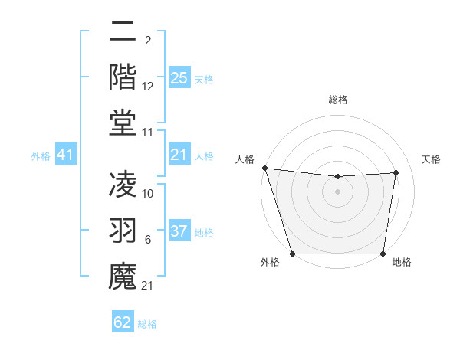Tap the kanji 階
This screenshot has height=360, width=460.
pyautogui.click(x=123, y=77)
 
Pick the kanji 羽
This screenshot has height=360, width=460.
pyautogui.click(x=123, y=229)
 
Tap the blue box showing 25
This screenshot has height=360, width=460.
pyautogui.click(x=179, y=78)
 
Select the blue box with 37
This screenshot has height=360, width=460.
pyautogui.click(x=179, y=231)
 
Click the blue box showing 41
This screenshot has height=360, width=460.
pyautogui.click(x=65, y=155)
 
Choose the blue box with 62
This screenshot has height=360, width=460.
pyautogui.click(x=123, y=322)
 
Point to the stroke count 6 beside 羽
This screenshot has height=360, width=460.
pyautogui.click(x=147, y=240)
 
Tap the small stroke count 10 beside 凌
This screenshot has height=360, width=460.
pyautogui.click(x=148, y=194)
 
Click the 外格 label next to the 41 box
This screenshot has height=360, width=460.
pyautogui.click(x=41, y=156)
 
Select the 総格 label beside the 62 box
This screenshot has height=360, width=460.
pyautogui.click(x=147, y=323)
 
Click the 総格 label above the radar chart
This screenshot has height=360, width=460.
pyautogui.click(x=337, y=100)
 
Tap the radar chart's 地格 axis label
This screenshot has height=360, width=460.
pyautogui.click(x=401, y=262)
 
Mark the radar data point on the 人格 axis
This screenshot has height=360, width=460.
pyautogui.click(x=264, y=168)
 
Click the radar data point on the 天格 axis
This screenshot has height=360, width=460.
pyautogui.click(x=396, y=172)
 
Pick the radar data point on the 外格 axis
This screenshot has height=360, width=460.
pyautogui.click(x=293, y=254)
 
